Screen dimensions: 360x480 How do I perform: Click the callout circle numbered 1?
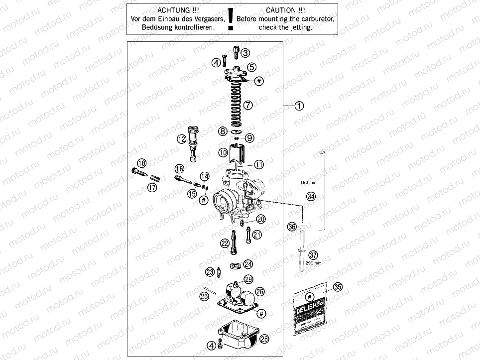299,106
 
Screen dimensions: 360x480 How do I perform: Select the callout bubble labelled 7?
248,105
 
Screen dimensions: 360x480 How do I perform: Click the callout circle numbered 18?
142,163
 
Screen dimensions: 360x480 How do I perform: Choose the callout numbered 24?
248,264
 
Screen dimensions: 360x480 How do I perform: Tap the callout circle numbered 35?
338,287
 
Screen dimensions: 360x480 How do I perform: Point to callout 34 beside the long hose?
311,196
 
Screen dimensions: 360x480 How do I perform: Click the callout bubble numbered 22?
226,243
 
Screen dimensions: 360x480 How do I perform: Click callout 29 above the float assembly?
248,279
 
